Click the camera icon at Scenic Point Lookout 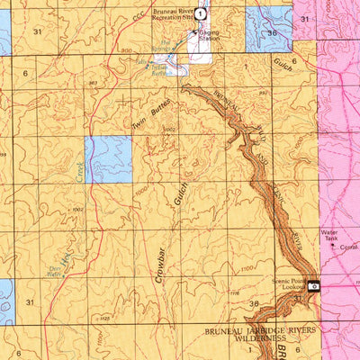pos(313,285)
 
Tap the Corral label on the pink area pos(348,247)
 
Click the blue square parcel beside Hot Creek pos(108,160)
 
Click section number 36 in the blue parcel pos(272,33)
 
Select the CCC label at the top pos(137,17)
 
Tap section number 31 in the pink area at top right pos(305,19)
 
